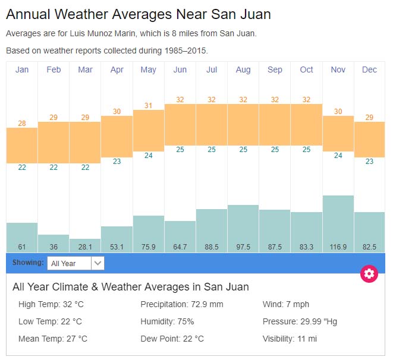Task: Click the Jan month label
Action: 22,70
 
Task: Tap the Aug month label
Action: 243,70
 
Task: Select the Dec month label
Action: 369,70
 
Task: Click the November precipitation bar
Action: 338,220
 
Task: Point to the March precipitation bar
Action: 85,244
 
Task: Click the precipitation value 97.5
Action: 243,247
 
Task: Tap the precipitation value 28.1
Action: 85,247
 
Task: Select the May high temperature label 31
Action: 149,106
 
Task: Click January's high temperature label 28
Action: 22,124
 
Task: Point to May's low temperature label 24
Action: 149,156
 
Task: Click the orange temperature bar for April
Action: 117,136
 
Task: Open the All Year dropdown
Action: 76,263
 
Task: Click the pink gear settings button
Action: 369,273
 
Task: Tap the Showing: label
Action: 28,263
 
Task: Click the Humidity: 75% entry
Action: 167,321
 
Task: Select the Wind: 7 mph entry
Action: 286,304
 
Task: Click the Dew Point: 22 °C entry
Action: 172,339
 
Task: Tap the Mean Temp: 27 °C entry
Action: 53,339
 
